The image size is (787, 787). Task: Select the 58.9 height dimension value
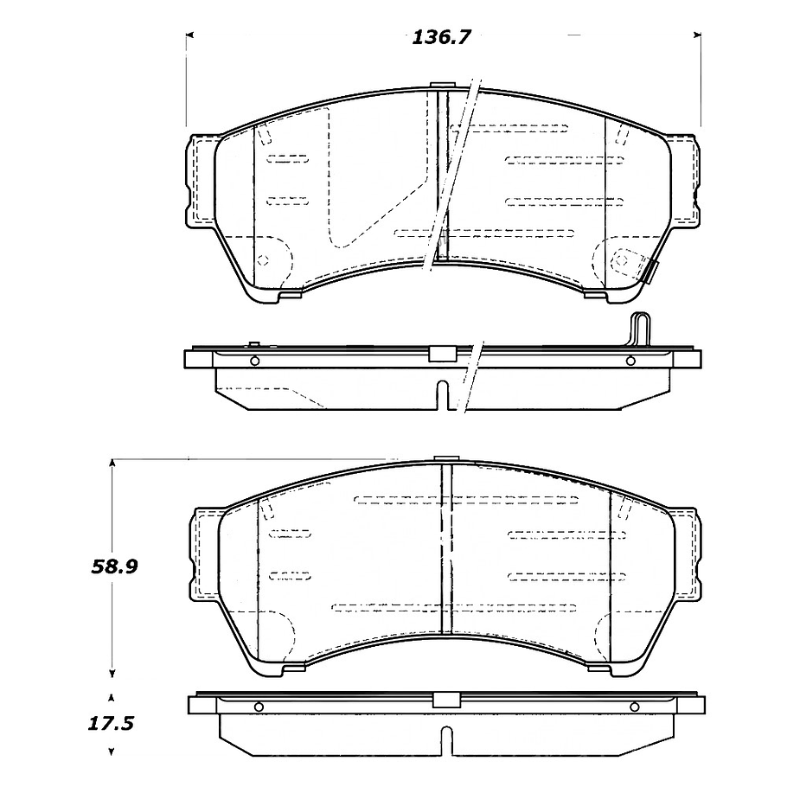tap(116, 567)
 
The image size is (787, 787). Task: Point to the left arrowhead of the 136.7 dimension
tap(190, 35)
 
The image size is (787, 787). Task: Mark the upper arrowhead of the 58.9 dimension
tap(112, 464)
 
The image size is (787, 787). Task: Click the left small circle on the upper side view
tap(253, 361)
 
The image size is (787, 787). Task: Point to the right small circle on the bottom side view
tap(634, 707)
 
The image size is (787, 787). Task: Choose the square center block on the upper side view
tap(442, 353)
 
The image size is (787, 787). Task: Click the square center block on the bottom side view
tap(445, 701)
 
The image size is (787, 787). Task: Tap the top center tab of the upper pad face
tap(442, 85)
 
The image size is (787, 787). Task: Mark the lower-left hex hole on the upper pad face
tap(264, 260)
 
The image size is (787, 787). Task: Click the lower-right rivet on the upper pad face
tap(621, 260)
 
